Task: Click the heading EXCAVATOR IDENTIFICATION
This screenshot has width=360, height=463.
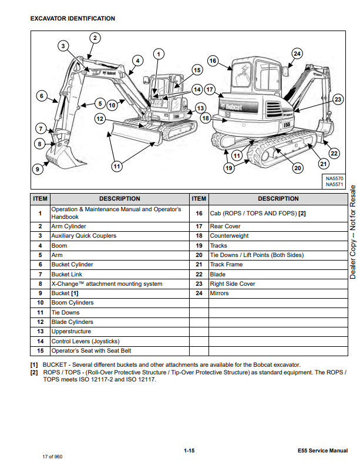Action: (72, 19)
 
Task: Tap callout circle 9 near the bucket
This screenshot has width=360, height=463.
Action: (37, 169)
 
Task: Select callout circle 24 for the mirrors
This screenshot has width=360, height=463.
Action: (297, 53)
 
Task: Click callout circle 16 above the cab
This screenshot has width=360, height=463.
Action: (213, 60)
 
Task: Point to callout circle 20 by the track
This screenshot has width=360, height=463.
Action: (297, 168)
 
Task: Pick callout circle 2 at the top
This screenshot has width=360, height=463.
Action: (95, 38)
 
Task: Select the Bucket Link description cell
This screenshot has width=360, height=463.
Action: (65, 274)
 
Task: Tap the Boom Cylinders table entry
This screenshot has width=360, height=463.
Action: (72, 303)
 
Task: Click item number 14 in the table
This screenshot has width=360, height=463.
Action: (40, 341)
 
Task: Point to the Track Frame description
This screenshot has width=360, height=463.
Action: (226, 265)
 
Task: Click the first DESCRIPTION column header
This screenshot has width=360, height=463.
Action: (119, 198)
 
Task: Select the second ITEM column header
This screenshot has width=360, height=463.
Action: (199, 198)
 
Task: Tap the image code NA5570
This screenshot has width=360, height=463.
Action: (334, 178)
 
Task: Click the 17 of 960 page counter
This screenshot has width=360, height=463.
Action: (52, 456)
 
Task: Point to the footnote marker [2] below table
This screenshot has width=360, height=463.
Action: (35, 373)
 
